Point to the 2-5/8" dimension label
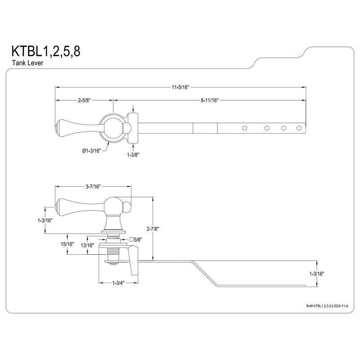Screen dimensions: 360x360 (84, 100)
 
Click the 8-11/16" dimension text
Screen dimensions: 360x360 (209, 100)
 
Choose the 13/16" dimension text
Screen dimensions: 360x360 (87, 245)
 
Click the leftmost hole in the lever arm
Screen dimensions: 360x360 (245, 129)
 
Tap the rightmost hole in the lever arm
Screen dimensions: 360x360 (299, 129)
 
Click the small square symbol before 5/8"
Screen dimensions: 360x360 (131, 239)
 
